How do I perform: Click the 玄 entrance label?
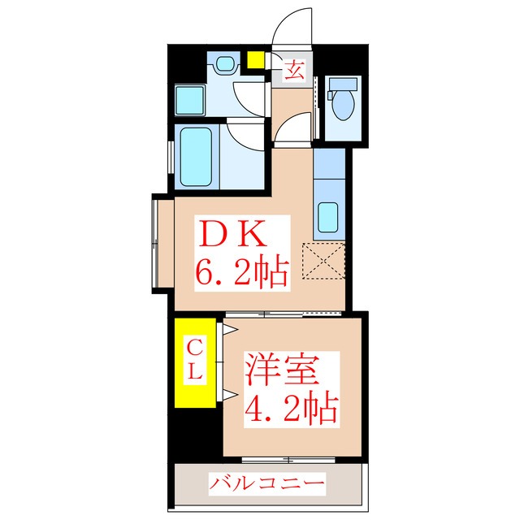click(x=293, y=70)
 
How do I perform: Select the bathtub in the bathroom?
click(x=194, y=157)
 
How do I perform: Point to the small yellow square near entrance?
click(x=256, y=59)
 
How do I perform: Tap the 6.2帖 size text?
click(x=241, y=272)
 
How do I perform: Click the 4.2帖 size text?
click(x=290, y=409)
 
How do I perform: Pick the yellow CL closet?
click(x=196, y=363)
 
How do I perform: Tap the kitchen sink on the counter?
click(x=329, y=217)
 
